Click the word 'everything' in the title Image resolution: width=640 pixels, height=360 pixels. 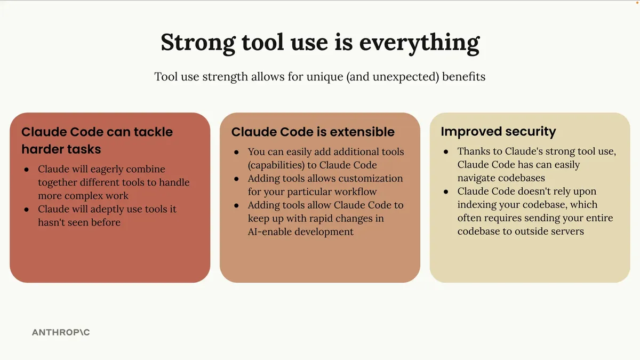tap(419, 43)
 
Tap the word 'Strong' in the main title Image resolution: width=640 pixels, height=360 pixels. tap(198, 43)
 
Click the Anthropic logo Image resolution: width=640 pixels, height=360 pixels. tap(61, 332)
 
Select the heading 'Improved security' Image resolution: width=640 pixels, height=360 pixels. tap(498, 132)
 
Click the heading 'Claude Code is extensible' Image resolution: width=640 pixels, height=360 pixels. tap(313, 132)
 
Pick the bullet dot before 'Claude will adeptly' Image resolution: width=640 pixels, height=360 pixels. tap(27, 210)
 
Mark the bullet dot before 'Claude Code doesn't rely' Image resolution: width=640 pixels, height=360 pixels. tap(446, 191)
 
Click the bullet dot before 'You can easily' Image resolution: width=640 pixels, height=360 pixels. tap(236, 153)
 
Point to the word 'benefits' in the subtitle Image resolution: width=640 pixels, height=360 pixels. tap(463, 77)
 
